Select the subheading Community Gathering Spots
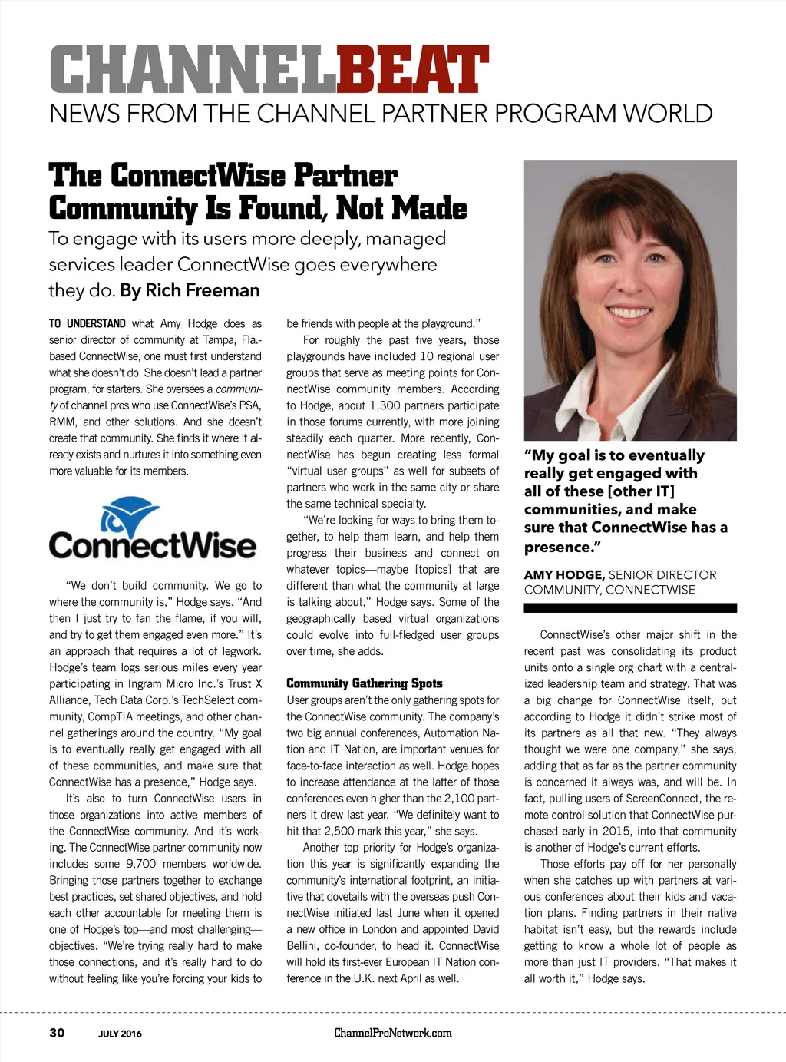pos(365,683)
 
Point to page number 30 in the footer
pos(57,1032)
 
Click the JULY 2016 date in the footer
pos(120,1034)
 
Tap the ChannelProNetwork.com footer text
pos(393,1033)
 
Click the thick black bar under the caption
pos(629,607)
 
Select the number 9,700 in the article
pos(141,864)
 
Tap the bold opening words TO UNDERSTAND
pos(88,324)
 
